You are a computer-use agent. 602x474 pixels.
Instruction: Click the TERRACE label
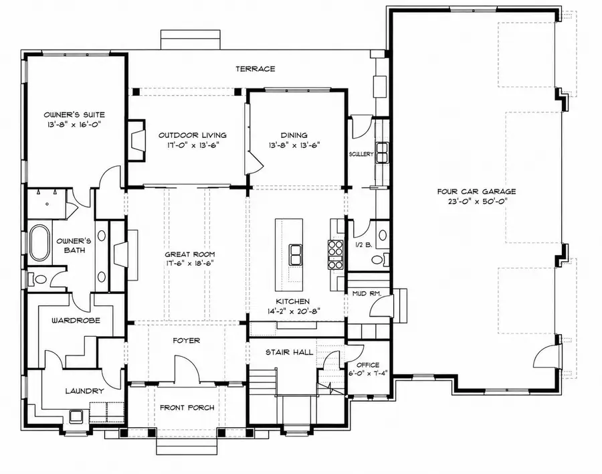tap(256, 69)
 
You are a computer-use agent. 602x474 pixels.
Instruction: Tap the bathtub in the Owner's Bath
tap(39, 243)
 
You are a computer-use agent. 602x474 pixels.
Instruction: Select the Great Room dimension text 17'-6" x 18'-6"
tap(189, 263)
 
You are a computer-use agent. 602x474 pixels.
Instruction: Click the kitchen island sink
tap(296, 254)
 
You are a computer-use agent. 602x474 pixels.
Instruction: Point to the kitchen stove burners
tap(335, 254)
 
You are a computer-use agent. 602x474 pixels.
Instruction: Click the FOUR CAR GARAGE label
tap(476, 191)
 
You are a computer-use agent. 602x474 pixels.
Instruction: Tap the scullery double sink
tap(383, 153)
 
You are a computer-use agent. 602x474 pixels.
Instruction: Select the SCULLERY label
tap(361, 154)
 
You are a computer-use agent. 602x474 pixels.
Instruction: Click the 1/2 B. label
tap(363, 244)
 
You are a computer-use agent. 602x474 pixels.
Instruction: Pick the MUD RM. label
tap(367, 294)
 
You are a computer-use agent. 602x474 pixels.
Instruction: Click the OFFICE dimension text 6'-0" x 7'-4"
tap(367, 372)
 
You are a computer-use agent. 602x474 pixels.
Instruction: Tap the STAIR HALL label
tap(290, 352)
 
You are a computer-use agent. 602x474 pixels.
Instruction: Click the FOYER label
tap(186, 341)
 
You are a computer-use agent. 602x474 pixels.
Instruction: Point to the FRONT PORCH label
tap(187, 408)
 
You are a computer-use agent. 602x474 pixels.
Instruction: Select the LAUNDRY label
tap(84, 391)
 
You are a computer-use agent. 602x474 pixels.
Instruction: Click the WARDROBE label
tap(76, 320)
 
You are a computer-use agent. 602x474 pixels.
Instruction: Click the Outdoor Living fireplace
tap(136, 140)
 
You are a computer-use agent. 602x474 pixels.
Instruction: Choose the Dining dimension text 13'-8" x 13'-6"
tap(294, 145)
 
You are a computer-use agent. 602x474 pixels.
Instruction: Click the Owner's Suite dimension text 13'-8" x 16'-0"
tap(74, 124)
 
